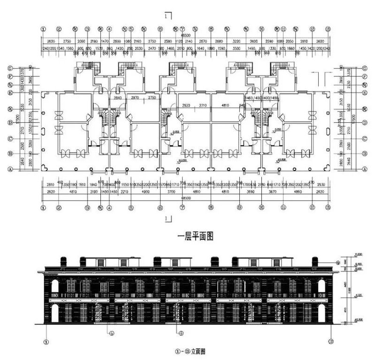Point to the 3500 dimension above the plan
(x=236, y=48)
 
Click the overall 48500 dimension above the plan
(x=186, y=35)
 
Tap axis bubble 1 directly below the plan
(x=43, y=207)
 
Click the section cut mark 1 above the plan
(x=168, y=15)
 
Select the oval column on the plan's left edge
(x=43, y=132)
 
